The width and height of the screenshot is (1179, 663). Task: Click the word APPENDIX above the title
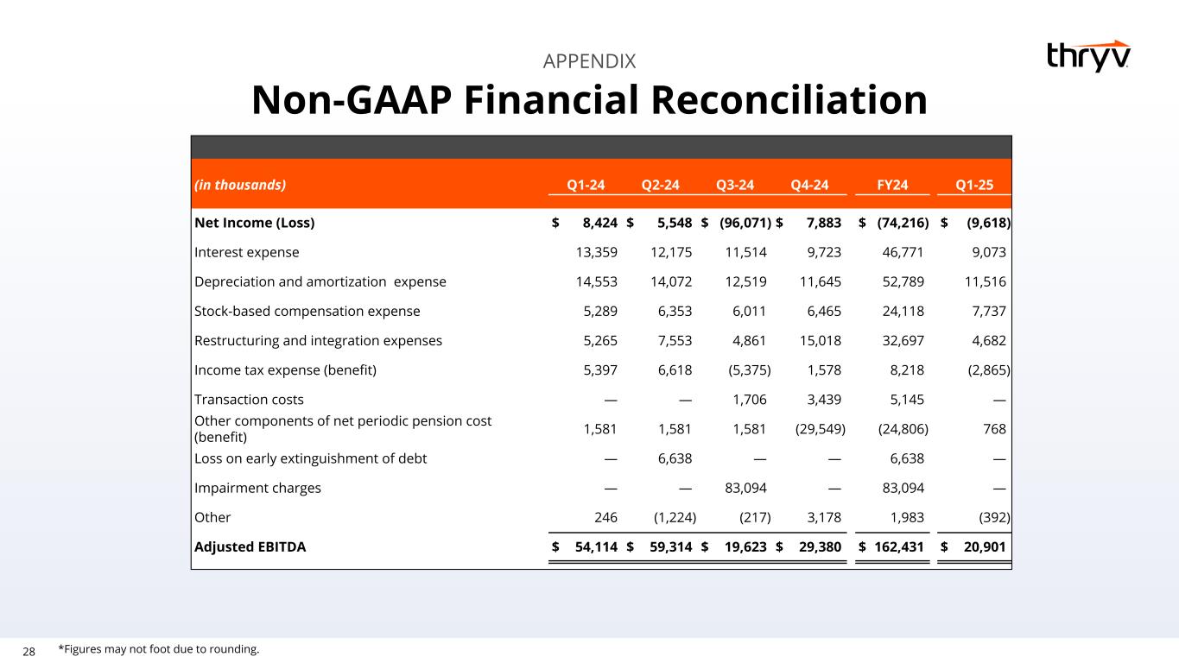589,61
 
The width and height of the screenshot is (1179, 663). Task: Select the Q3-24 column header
735,184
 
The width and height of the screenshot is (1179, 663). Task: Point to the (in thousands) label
240,184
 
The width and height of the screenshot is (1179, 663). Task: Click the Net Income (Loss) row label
255,223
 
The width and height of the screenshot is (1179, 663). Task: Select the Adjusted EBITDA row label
250,546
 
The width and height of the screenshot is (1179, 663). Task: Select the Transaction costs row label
249,400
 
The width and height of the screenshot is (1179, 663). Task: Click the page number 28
29,651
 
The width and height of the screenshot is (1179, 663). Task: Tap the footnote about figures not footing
159,649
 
